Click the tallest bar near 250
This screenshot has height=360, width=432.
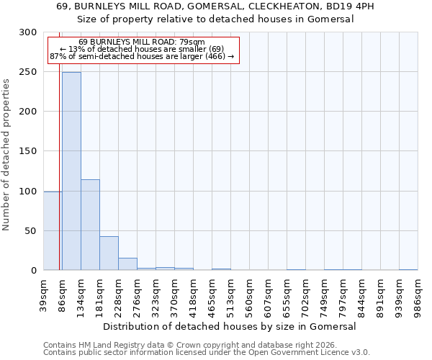coord(71,171)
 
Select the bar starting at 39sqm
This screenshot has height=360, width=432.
coord(52,231)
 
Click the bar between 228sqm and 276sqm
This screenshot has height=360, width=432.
coord(127,264)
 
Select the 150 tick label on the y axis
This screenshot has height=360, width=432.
coord(29,151)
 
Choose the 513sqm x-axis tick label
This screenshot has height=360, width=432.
coord(231,293)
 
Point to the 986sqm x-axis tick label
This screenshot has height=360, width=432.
coord(418,293)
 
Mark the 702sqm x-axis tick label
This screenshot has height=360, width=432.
coord(306,293)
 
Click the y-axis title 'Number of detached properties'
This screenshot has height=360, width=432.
coord(6,155)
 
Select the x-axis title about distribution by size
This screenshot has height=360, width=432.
coord(230,326)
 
